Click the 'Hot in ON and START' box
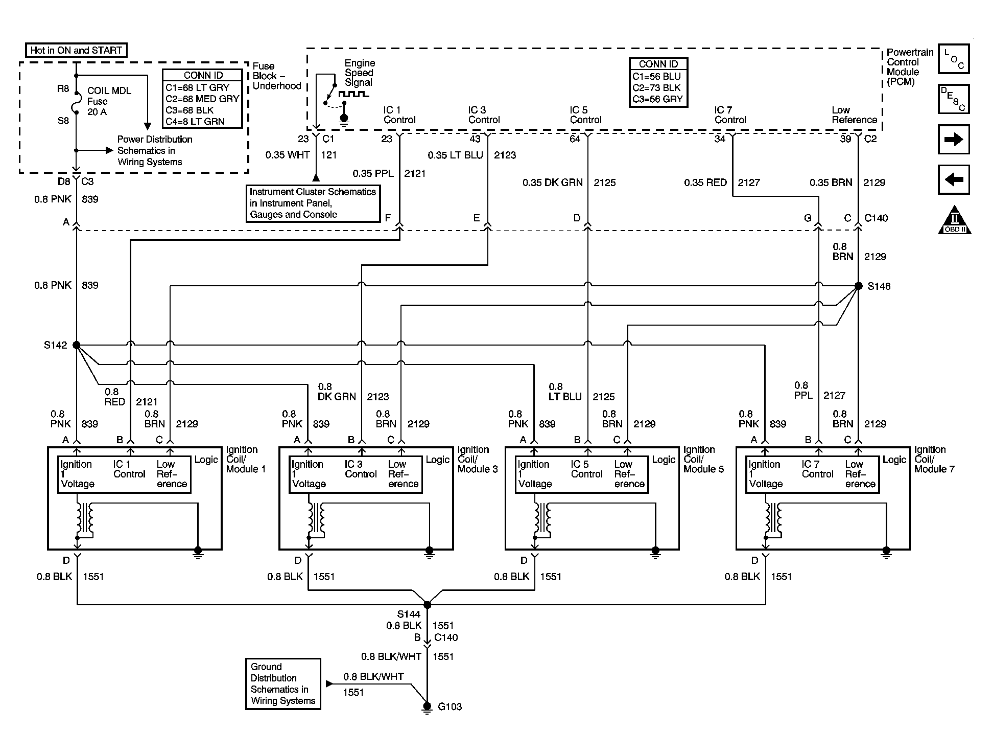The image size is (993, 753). click(x=76, y=50)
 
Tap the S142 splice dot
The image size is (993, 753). click(x=77, y=345)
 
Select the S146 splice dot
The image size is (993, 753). click(x=858, y=286)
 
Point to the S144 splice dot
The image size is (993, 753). click(x=428, y=605)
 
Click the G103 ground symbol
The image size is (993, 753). click(x=427, y=708)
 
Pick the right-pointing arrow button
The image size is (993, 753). click(x=954, y=139)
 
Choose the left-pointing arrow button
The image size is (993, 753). click(x=954, y=179)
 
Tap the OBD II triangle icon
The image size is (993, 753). click(x=954, y=220)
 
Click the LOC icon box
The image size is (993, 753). click(x=954, y=59)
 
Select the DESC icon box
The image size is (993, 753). click(x=954, y=99)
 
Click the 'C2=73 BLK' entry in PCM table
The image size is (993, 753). click(x=656, y=87)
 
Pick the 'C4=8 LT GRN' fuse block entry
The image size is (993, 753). click(x=195, y=121)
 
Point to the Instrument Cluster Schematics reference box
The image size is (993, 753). click(x=313, y=203)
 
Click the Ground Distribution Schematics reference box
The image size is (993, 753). click(x=283, y=683)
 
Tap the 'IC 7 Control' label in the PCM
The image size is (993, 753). click(x=730, y=115)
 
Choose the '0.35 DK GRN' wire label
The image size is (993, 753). click(x=552, y=182)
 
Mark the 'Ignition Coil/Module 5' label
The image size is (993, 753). click(x=703, y=459)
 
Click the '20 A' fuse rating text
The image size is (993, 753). click(x=97, y=112)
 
